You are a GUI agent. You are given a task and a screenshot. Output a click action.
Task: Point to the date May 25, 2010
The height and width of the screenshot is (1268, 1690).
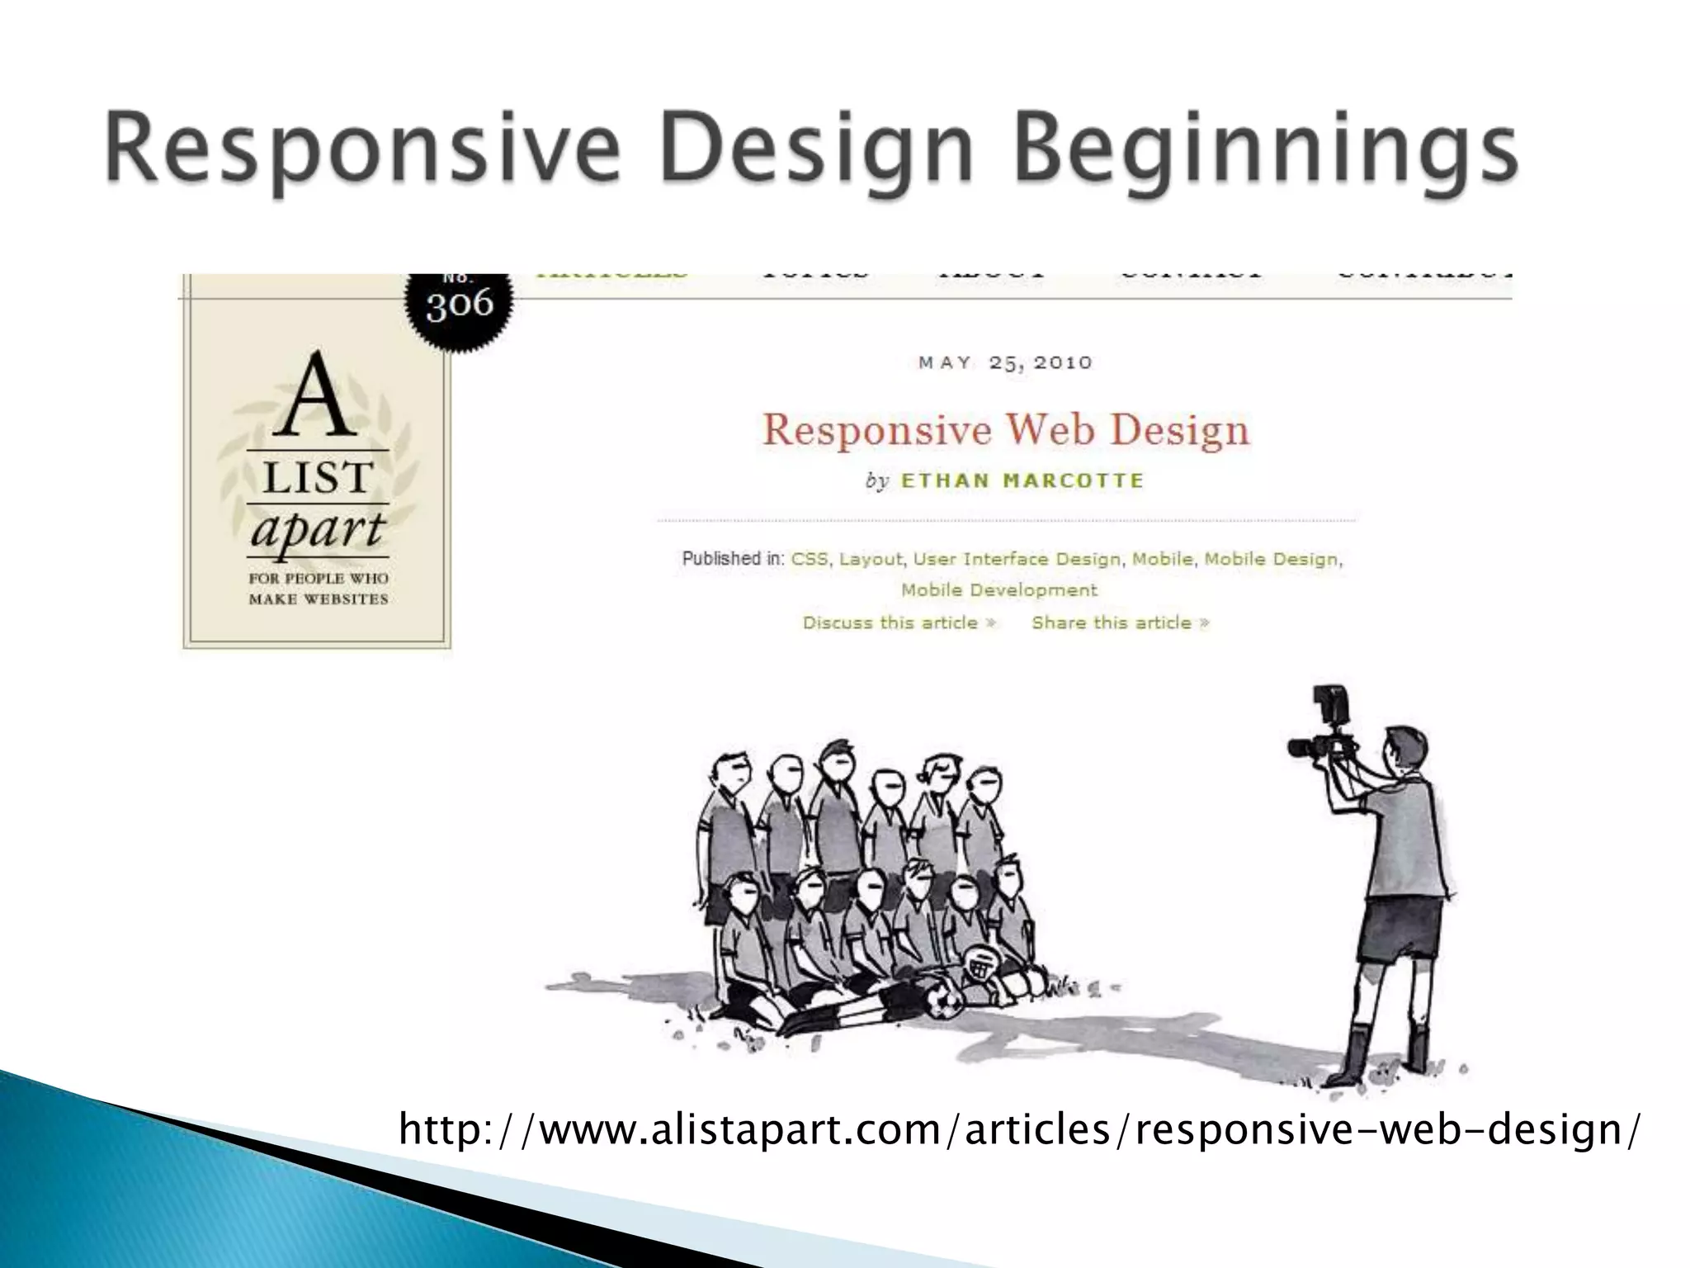tap(1005, 363)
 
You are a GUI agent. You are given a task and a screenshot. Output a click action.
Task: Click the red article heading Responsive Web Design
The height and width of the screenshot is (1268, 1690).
tap(1005, 431)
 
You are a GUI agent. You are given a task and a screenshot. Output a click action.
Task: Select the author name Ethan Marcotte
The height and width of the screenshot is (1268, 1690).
tap(1022, 481)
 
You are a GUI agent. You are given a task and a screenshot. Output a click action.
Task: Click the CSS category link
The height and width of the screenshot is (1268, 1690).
tap(809, 560)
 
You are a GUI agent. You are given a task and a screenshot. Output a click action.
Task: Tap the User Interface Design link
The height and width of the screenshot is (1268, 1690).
tap(1017, 560)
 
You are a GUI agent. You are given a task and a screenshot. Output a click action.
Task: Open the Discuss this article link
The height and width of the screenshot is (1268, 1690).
tap(899, 623)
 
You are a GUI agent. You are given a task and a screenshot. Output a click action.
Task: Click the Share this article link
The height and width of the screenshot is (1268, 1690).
tap(1120, 623)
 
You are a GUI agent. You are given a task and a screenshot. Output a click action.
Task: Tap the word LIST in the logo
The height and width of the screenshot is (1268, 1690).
tap(318, 478)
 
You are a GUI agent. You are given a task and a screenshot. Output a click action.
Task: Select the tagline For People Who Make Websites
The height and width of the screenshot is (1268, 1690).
tap(318, 589)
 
